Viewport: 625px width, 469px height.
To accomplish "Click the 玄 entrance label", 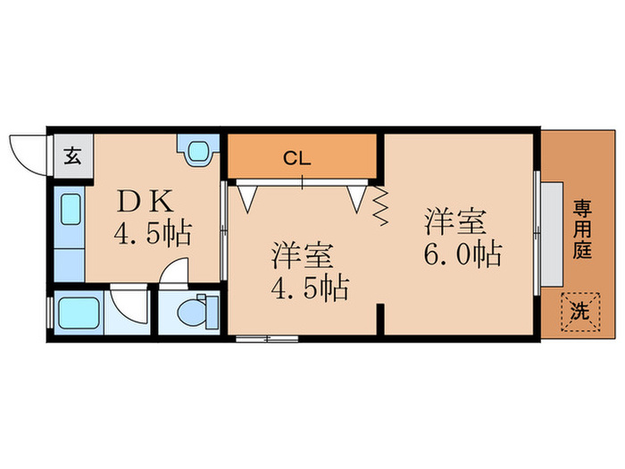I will [x=71, y=155].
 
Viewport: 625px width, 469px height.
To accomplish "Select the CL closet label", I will [x=297, y=159].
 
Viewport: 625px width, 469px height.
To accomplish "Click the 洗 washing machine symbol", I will [x=579, y=313].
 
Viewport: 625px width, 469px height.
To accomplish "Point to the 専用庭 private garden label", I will [x=582, y=230].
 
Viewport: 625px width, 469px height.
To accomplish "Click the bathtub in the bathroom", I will [x=73, y=314].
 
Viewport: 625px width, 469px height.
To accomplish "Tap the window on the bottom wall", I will [x=267, y=339].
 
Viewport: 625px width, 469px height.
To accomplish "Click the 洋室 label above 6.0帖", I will [x=454, y=220].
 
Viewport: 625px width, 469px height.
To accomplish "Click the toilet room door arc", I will [x=176, y=272].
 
